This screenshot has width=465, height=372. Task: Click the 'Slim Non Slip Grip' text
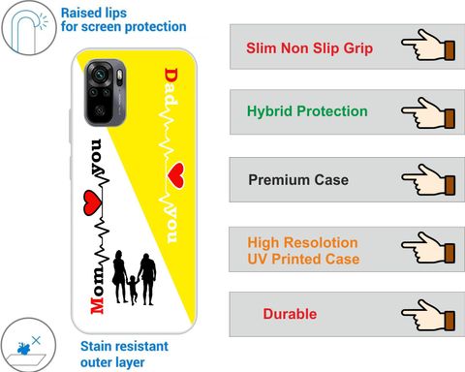309,48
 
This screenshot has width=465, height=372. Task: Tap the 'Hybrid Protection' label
307,111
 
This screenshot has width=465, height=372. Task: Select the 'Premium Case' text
298,180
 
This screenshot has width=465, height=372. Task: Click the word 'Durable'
290,314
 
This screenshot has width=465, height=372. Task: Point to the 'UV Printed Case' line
303,259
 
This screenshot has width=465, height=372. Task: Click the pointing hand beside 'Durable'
428,315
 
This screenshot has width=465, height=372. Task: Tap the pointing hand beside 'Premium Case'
428,179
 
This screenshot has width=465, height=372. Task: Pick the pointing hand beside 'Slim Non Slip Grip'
428,45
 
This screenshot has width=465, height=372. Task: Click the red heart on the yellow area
176,175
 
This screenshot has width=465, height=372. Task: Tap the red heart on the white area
93,202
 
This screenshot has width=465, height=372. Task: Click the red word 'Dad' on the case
171,86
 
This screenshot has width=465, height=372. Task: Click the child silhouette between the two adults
133,290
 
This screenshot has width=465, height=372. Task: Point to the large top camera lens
99,74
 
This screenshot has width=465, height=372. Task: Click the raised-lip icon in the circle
29,28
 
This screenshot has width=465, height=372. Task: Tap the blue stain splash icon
23,349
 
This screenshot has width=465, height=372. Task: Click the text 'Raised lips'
94,14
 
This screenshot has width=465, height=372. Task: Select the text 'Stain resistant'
124,346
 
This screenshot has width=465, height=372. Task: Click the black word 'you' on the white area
97,156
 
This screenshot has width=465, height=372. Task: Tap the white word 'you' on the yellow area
171,226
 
